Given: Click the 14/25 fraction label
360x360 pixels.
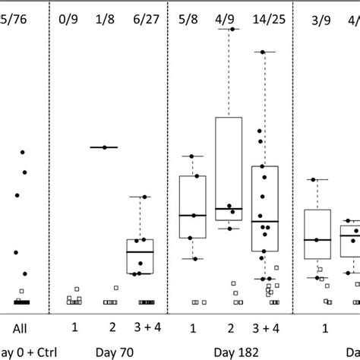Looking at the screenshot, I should (264, 16).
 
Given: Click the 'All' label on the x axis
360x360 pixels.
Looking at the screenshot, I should (21, 327).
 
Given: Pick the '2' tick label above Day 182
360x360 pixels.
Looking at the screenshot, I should (229, 327).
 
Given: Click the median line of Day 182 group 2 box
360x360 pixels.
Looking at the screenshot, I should (229, 209).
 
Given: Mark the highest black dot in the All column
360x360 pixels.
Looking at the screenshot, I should (23, 153).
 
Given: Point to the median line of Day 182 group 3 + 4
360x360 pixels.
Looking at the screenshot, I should (264, 221).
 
